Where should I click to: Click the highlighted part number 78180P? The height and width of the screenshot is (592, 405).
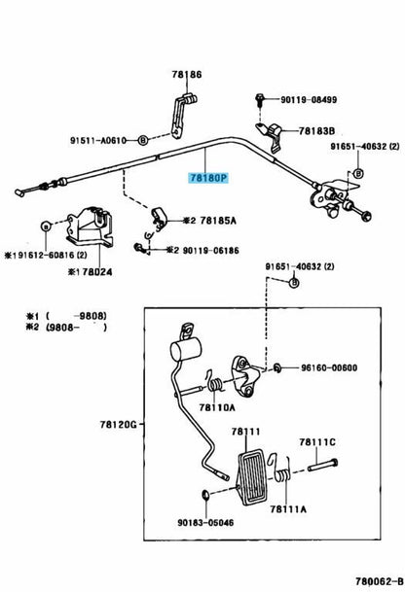pos(209,178)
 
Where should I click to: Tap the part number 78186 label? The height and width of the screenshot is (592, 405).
pos(187,75)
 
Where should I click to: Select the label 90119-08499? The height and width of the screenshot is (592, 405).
pos(309,100)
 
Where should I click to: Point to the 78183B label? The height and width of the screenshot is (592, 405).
pos(316,131)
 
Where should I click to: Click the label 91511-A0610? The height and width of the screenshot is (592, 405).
pos(97,140)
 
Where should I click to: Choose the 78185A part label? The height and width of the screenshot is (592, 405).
pos(218,221)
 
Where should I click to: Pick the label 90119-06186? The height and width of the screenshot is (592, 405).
pos(211,251)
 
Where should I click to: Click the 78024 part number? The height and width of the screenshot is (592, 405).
pos(97,272)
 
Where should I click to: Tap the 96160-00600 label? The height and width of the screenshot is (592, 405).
pos(329,367)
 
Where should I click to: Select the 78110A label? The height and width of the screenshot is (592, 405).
pos(217,407)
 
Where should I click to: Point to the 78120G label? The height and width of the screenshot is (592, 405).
pos(119,425)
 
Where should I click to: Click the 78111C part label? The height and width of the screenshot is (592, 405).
pos(317,441)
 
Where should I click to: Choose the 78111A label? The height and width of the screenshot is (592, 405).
pos(288,509)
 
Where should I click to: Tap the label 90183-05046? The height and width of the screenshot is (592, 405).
pos(205,523)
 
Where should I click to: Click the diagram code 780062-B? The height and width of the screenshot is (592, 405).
pos(380,580)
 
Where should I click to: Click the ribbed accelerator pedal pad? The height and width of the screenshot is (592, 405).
pos(252,477)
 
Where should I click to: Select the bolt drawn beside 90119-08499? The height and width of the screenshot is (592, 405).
pos(259,99)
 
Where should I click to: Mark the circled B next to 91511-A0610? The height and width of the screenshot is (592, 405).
pos(142,140)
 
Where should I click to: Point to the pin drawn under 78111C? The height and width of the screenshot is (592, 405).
pos(322,465)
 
